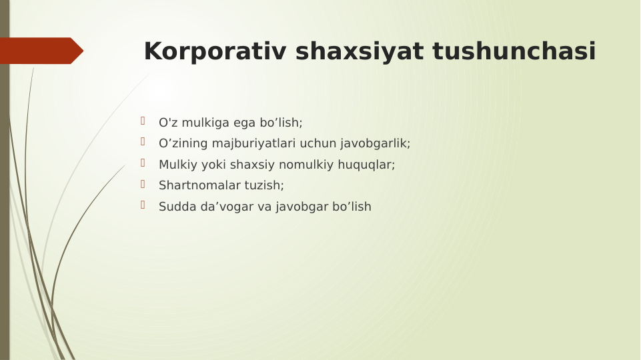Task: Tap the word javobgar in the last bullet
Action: point(299,207)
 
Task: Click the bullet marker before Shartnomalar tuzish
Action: point(143,183)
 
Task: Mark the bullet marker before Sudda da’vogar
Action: point(143,205)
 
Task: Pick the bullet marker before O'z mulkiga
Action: point(143,121)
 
